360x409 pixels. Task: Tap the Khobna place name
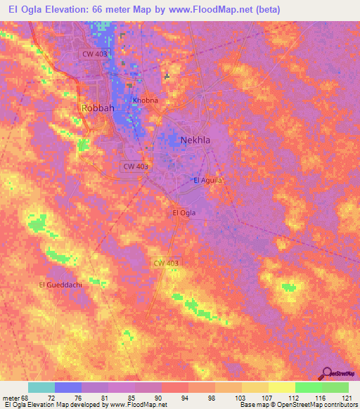point(146,100)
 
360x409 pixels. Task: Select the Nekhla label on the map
point(195,139)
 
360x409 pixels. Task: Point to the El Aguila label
point(207,181)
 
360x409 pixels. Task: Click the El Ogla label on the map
point(184,212)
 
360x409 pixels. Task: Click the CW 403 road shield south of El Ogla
point(167,263)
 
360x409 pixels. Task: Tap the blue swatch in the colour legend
point(68,387)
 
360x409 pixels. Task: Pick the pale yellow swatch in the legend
point(281,387)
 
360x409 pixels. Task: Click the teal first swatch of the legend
point(41,387)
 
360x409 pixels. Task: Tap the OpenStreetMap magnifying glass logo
point(325,373)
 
